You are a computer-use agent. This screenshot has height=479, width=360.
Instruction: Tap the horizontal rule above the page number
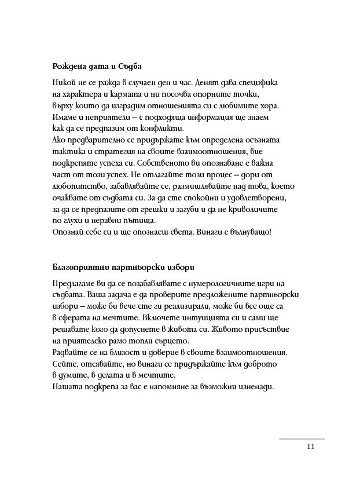pos(302,438)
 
